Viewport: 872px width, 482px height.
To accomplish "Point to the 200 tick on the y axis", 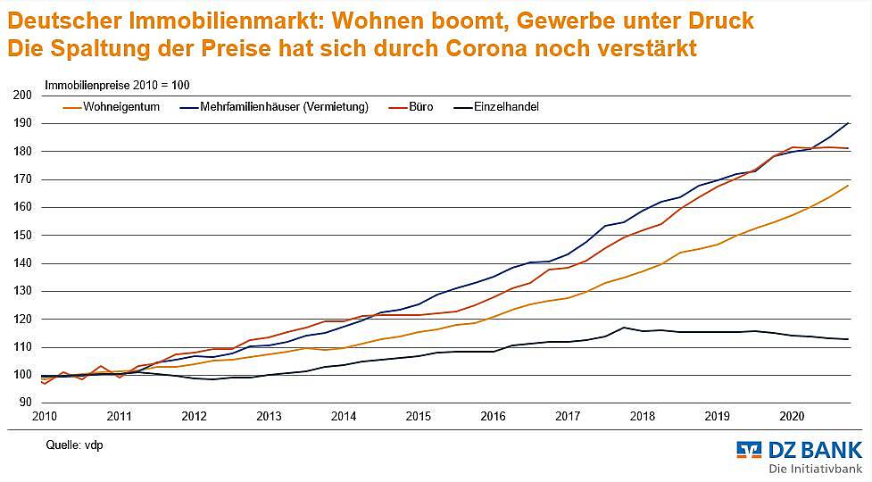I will click(23, 95).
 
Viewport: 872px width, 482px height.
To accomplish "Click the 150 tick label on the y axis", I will click(23, 235).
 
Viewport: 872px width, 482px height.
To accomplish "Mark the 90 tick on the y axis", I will click(26, 403).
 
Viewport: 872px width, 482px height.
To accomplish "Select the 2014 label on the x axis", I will click(344, 416).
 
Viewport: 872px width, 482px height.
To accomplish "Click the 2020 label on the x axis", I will click(792, 416).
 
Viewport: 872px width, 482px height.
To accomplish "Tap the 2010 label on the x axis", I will click(45, 416).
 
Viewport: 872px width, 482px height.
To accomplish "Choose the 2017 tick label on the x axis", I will click(568, 416).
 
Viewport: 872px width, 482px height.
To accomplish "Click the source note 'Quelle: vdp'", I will click(74, 444).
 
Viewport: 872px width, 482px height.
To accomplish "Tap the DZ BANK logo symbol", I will click(749, 450).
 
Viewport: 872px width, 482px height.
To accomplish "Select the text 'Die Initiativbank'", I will click(816, 469).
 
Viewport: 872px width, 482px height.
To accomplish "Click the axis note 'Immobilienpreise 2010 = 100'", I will click(117, 86).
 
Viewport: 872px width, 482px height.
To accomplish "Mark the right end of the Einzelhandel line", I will click(847, 339).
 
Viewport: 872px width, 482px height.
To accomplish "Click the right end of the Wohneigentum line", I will click(847, 186).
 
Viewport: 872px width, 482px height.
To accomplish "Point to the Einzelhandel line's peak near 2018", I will click(625, 328).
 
